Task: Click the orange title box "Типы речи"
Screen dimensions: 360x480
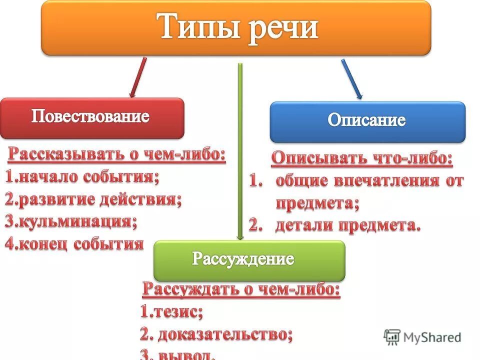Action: point(235,27)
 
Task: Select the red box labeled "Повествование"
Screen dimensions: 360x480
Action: point(91,118)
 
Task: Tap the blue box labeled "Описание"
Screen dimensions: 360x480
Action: point(367,121)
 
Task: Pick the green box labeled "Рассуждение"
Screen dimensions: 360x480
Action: point(249,260)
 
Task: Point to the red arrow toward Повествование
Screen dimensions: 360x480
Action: point(138,77)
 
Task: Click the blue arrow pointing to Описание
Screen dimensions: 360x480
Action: point(351,78)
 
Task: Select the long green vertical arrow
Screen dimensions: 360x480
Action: point(240,150)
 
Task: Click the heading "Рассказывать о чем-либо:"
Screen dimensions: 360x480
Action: point(116,155)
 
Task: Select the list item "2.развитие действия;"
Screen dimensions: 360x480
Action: point(93,199)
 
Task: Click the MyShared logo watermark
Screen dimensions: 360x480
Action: point(422,337)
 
